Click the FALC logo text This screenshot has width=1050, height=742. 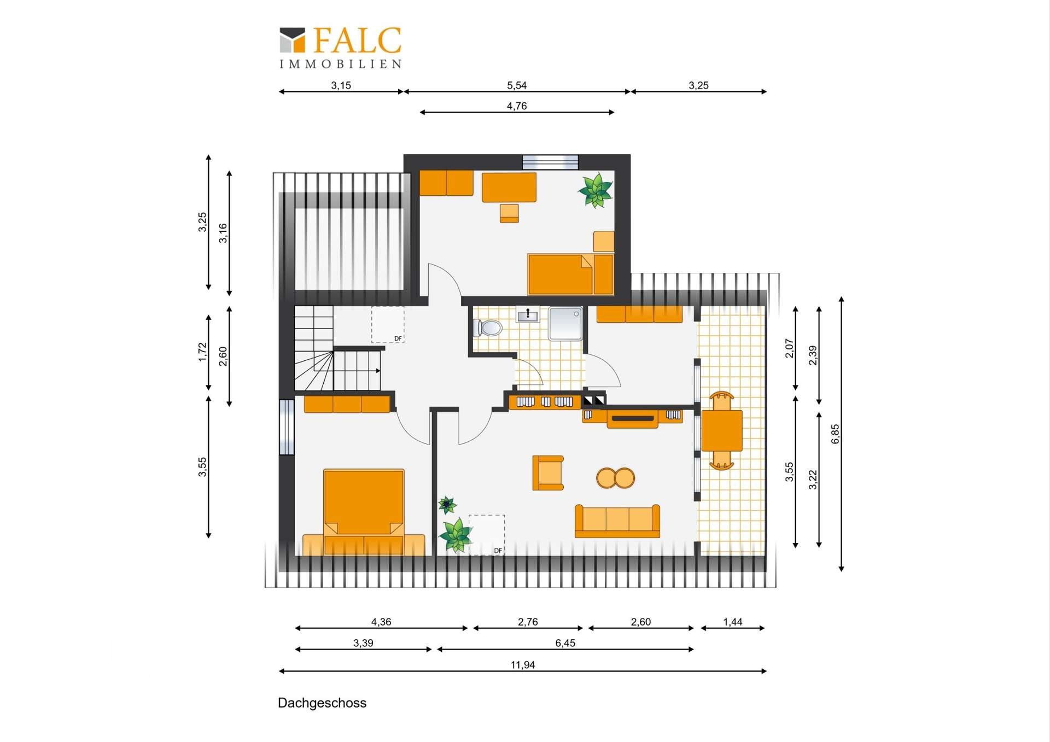pyautogui.click(x=358, y=40)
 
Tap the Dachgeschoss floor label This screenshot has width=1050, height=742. pyautogui.click(x=322, y=703)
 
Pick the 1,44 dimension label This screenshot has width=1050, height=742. pyautogui.click(x=733, y=622)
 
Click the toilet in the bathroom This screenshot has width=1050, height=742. pyautogui.click(x=488, y=328)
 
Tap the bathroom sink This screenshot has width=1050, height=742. pyautogui.click(x=528, y=315)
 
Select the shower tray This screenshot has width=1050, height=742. pyautogui.click(x=565, y=324)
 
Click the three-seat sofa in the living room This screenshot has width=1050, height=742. pyautogui.click(x=617, y=521)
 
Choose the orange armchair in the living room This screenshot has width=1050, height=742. pyautogui.click(x=548, y=472)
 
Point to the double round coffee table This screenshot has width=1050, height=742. pyautogui.click(x=616, y=478)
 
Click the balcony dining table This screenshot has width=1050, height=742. pyautogui.click(x=722, y=431)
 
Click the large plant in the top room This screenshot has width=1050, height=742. pyautogui.click(x=595, y=190)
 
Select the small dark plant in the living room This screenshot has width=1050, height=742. pyautogui.click(x=447, y=505)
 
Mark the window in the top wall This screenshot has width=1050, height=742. pyautogui.click(x=550, y=162)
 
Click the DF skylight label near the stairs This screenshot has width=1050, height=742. pyautogui.click(x=398, y=339)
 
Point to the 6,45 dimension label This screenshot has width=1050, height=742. pyautogui.click(x=565, y=644)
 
